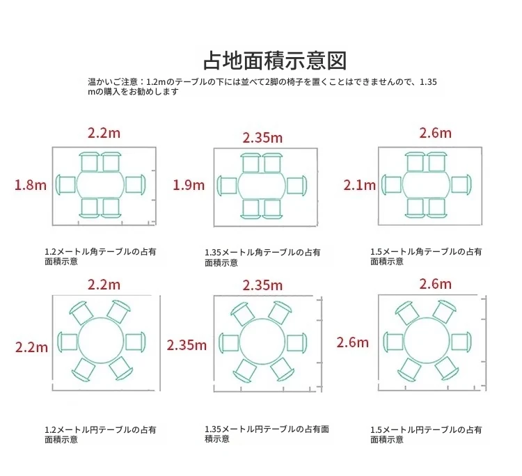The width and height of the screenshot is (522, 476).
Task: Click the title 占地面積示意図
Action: tap(275, 61)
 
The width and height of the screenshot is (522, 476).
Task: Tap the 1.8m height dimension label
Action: tap(31, 185)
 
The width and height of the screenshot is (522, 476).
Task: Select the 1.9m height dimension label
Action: tap(189, 185)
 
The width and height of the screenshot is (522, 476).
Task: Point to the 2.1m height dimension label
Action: tap(360, 185)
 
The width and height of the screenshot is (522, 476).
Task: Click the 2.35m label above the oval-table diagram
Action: tap(262, 138)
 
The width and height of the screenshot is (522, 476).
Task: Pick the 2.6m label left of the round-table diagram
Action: tap(353, 342)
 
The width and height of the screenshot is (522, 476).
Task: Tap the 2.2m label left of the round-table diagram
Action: tap(31, 347)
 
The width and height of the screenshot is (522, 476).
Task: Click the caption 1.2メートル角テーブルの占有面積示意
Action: tap(100, 256)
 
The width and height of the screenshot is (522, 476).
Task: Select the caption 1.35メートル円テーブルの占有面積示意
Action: tap(267, 434)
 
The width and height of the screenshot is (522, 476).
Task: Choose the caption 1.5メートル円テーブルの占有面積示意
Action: tap(426, 434)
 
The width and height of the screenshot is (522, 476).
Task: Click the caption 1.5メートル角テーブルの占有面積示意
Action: tap(426, 256)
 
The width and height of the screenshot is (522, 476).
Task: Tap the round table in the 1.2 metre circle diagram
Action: tap(101, 340)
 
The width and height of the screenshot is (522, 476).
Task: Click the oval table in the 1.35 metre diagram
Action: tap(262, 184)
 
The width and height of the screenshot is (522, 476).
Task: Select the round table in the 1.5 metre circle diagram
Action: tap(427, 341)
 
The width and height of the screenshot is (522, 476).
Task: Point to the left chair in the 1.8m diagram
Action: tap(65, 184)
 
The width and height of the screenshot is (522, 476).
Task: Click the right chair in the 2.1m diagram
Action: tap(461, 184)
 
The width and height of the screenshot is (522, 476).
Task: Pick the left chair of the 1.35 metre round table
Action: tap(229, 343)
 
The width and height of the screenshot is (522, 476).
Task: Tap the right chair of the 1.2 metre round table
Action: tap(136, 342)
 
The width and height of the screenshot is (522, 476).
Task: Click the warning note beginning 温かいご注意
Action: tap(262, 86)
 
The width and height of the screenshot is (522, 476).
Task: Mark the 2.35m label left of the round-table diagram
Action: tap(187, 345)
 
